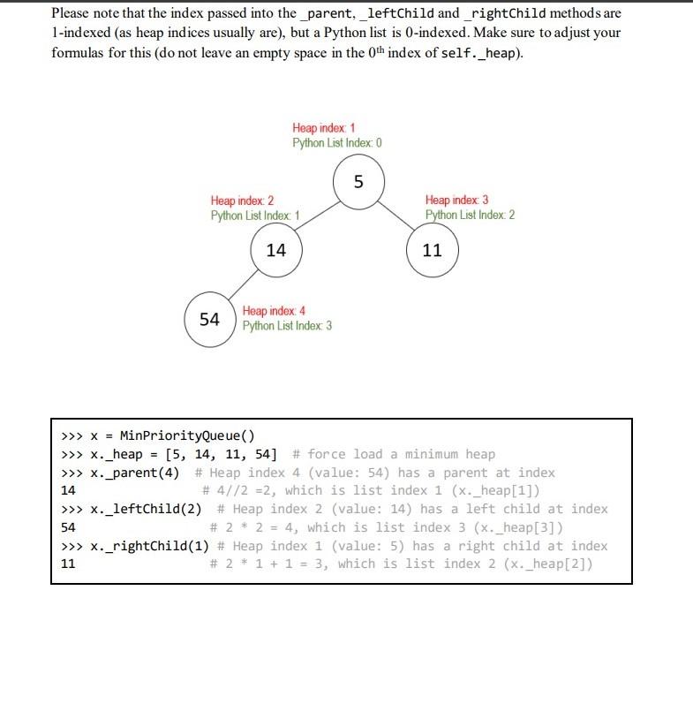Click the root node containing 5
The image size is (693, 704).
pos(358,183)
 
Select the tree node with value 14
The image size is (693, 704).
pos(276,250)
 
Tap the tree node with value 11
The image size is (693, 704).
pos(432,250)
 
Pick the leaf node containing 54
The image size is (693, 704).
pos(210,319)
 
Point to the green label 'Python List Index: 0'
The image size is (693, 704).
pos(337,142)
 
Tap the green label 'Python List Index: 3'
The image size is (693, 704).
pos(287,326)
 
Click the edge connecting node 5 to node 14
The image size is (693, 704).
pos(315,216)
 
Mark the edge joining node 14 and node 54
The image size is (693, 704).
pos(243,284)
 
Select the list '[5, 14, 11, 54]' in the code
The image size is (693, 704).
pos(221,454)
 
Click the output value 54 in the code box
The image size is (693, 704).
pos(67,527)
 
